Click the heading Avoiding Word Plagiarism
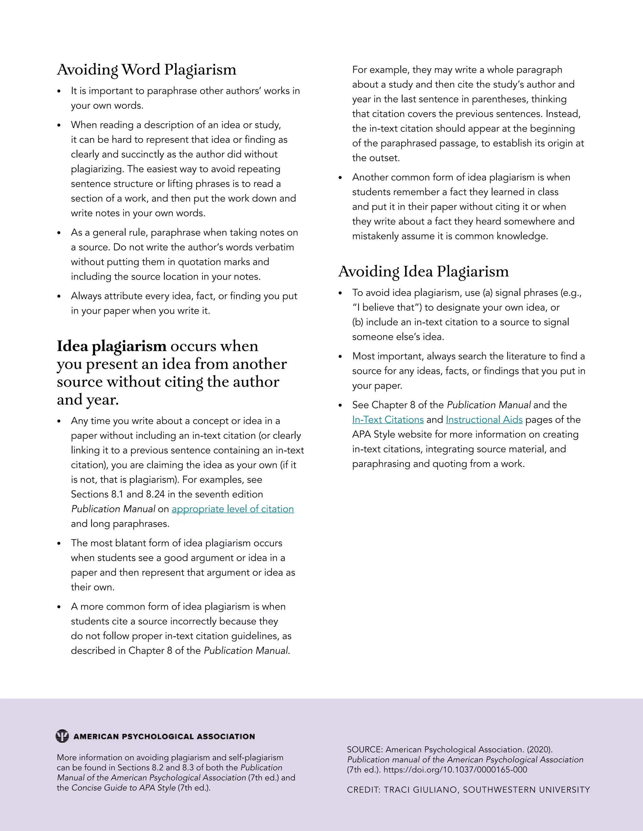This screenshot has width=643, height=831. point(147,70)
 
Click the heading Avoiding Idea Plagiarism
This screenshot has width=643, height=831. point(423,272)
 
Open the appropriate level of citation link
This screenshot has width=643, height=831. point(232,509)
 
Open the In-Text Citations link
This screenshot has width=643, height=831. point(387,420)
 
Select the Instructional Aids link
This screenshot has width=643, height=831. point(484,420)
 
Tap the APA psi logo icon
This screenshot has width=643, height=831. point(62,736)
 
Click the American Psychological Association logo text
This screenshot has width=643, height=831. point(164,737)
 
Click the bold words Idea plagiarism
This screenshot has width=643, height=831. point(111,346)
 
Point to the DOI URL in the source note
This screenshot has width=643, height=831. point(455,770)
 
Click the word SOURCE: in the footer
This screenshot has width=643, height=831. point(365,749)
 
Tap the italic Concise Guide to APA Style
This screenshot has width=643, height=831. point(123,788)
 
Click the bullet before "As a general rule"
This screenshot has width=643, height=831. point(59,233)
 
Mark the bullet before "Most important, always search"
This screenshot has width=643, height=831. point(340,357)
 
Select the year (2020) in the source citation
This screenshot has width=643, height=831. point(539,749)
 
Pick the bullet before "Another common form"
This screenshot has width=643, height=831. point(340,178)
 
